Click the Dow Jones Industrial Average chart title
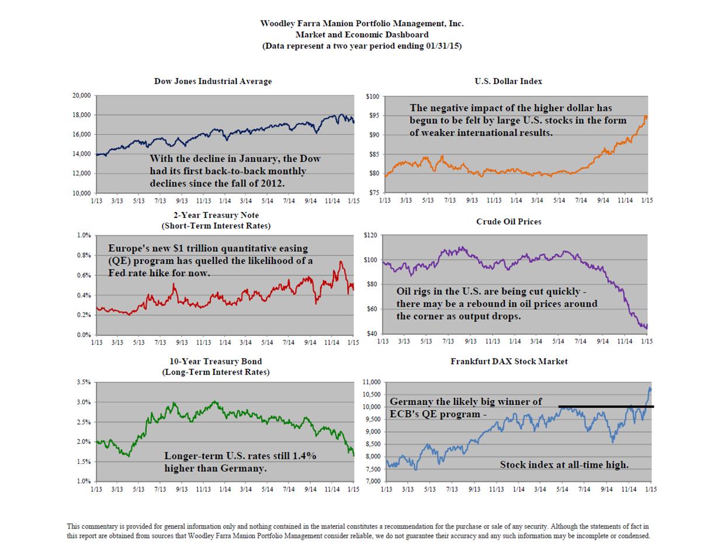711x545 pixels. (x=213, y=81)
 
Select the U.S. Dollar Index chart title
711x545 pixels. (x=508, y=81)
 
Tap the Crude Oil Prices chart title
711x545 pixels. (x=508, y=222)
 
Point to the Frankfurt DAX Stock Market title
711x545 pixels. (x=508, y=362)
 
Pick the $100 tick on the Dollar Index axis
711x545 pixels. (x=373, y=96)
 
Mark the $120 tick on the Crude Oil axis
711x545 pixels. (x=370, y=235)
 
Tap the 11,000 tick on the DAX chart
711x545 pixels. (x=372, y=382)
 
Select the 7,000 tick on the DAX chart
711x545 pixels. (x=373, y=481)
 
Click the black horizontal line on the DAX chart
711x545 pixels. (x=606, y=407)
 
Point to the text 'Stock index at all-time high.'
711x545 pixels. (x=564, y=465)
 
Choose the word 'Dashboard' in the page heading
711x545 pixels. (x=403, y=34)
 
